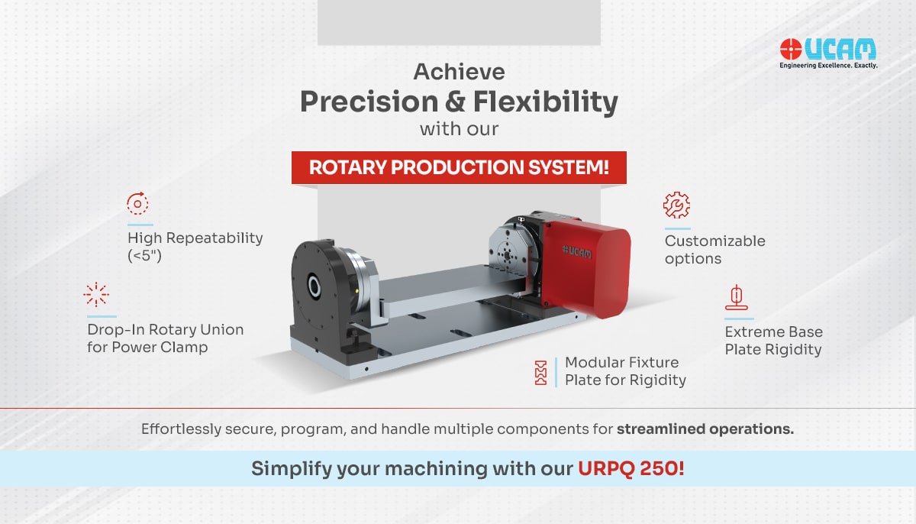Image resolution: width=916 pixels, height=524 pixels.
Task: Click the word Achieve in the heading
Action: pos(459,72)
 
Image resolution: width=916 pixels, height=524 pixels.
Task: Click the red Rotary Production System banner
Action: pos(459,167)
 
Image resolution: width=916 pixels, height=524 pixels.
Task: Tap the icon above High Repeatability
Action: pos(137,204)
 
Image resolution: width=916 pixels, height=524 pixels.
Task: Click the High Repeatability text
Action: pos(194,246)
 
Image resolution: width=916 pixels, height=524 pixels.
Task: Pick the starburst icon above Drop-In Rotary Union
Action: pos(96,294)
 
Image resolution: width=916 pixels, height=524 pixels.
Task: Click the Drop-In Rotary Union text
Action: pos(165,338)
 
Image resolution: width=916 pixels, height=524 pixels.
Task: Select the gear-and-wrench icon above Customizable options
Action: pos(676,205)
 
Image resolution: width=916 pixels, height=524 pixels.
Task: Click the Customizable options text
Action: pos(714,250)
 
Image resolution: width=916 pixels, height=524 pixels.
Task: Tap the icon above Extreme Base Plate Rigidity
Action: pos(736,297)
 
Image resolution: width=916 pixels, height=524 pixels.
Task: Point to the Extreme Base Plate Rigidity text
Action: pos(773,341)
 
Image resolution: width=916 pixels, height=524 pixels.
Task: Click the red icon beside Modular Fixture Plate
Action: pos(541,371)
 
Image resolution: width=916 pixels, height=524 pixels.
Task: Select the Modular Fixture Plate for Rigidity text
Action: pos(624,371)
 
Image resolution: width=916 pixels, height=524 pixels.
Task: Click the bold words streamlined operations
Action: pos(705,429)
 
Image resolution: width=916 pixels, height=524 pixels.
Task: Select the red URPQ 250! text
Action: pos(631,468)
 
